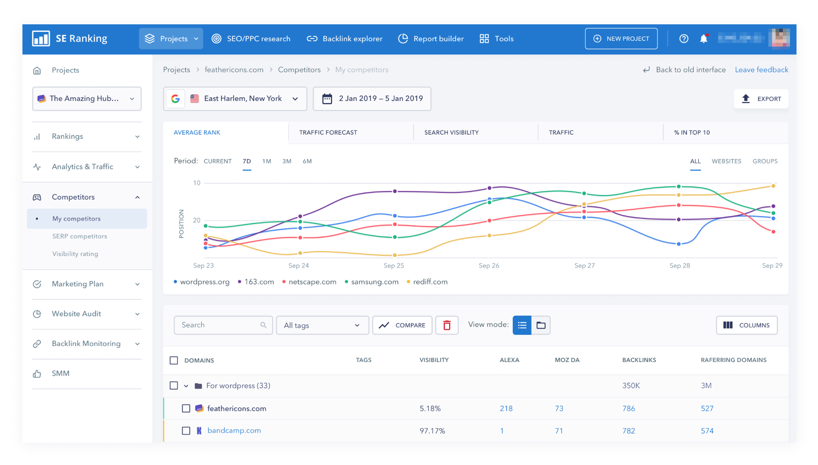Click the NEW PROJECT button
pos(621,39)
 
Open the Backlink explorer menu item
pos(344,39)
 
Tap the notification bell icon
pos(703,39)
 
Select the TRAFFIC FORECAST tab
pos(328,132)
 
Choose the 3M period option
pos(287,161)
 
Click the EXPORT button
pos(761,99)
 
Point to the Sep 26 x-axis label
pos(489,266)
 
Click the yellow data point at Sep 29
pos(773,186)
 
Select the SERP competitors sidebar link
pos(79,236)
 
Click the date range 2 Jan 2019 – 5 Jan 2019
pos(372,99)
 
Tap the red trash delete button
pos(447,325)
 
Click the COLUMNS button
pos(746,325)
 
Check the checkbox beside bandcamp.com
pos(186,431)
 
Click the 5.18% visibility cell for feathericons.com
pos(430,408)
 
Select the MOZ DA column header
pos(567,360)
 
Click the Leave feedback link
pos(761,70)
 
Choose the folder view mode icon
pos(541,325)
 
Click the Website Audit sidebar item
pos(76,314)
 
